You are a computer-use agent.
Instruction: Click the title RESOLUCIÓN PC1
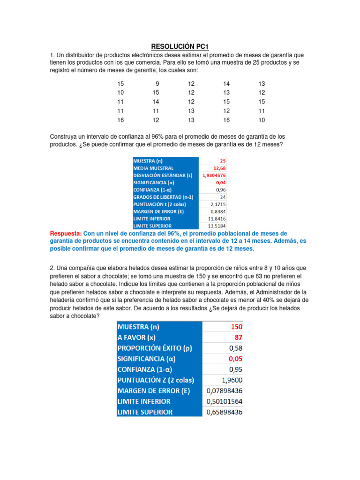(x=180, y=46)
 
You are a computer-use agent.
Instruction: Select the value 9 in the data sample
(x=157, y=83)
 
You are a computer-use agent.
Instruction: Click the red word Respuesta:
(x=66, y=233)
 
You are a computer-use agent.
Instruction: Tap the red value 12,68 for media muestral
(x=219, y=168)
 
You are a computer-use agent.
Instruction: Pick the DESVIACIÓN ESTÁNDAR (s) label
(x=163, y=175)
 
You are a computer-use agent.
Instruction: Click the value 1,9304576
(x=214, y=175)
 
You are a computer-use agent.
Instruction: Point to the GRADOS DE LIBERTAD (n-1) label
(x=163, y=197)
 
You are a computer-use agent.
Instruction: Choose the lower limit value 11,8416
(x=217, y=218)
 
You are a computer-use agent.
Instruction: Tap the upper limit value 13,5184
(x=217, y=226)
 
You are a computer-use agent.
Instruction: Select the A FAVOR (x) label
(x=140, y=337)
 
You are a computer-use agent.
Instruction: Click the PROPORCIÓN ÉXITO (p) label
(x=155, y=348)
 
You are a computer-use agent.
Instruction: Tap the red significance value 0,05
(x=234, y=359)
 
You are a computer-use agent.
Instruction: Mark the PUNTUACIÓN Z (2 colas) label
(x=156, y=380)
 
